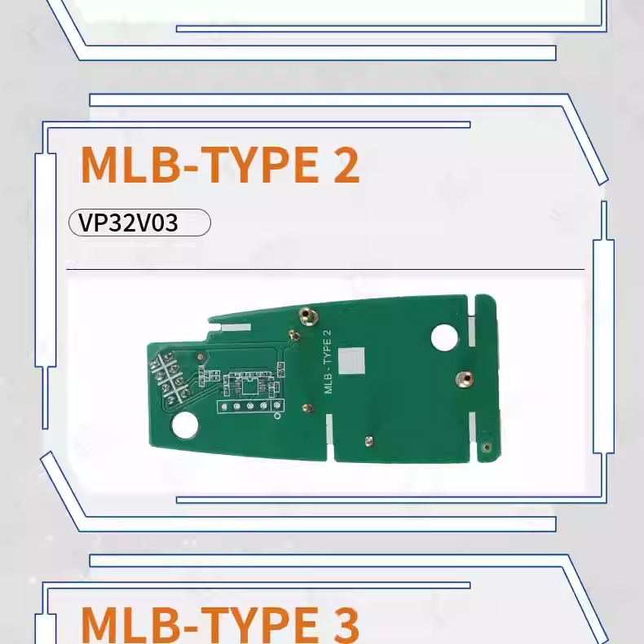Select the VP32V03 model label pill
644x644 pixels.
coord(139,223)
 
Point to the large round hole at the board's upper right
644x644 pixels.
coord(444,337)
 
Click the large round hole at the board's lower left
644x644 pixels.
coord(185,425)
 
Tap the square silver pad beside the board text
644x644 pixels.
coord(354,360)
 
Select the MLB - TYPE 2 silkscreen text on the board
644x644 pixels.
coord(328,361)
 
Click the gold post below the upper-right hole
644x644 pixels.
coord(464,377)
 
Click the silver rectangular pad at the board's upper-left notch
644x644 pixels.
coord(236,325)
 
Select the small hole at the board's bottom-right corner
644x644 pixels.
coord(487,446)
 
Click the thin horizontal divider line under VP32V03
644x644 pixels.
coord(325,268)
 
